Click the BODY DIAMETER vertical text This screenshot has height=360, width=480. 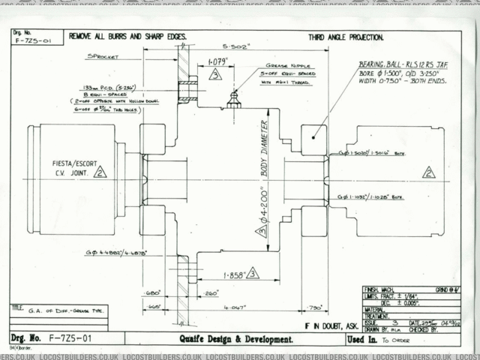point(264,148)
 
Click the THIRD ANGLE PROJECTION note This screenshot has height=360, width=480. point(346,36)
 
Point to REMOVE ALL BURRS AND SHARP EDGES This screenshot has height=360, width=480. point(127,35)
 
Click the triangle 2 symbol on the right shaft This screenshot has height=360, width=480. point(428,172)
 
